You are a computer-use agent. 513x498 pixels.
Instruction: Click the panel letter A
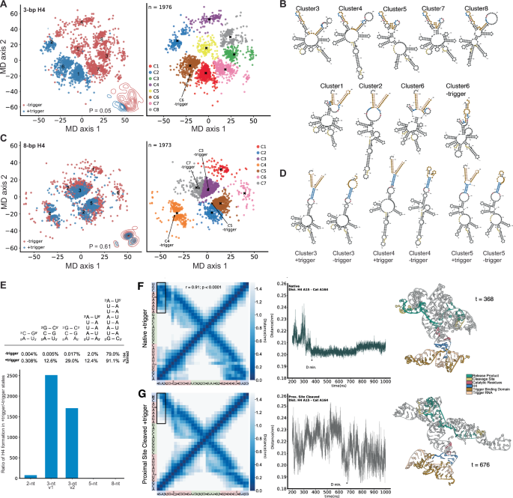[4, 4]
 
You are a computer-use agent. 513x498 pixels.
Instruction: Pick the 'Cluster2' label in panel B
[372, 85]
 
